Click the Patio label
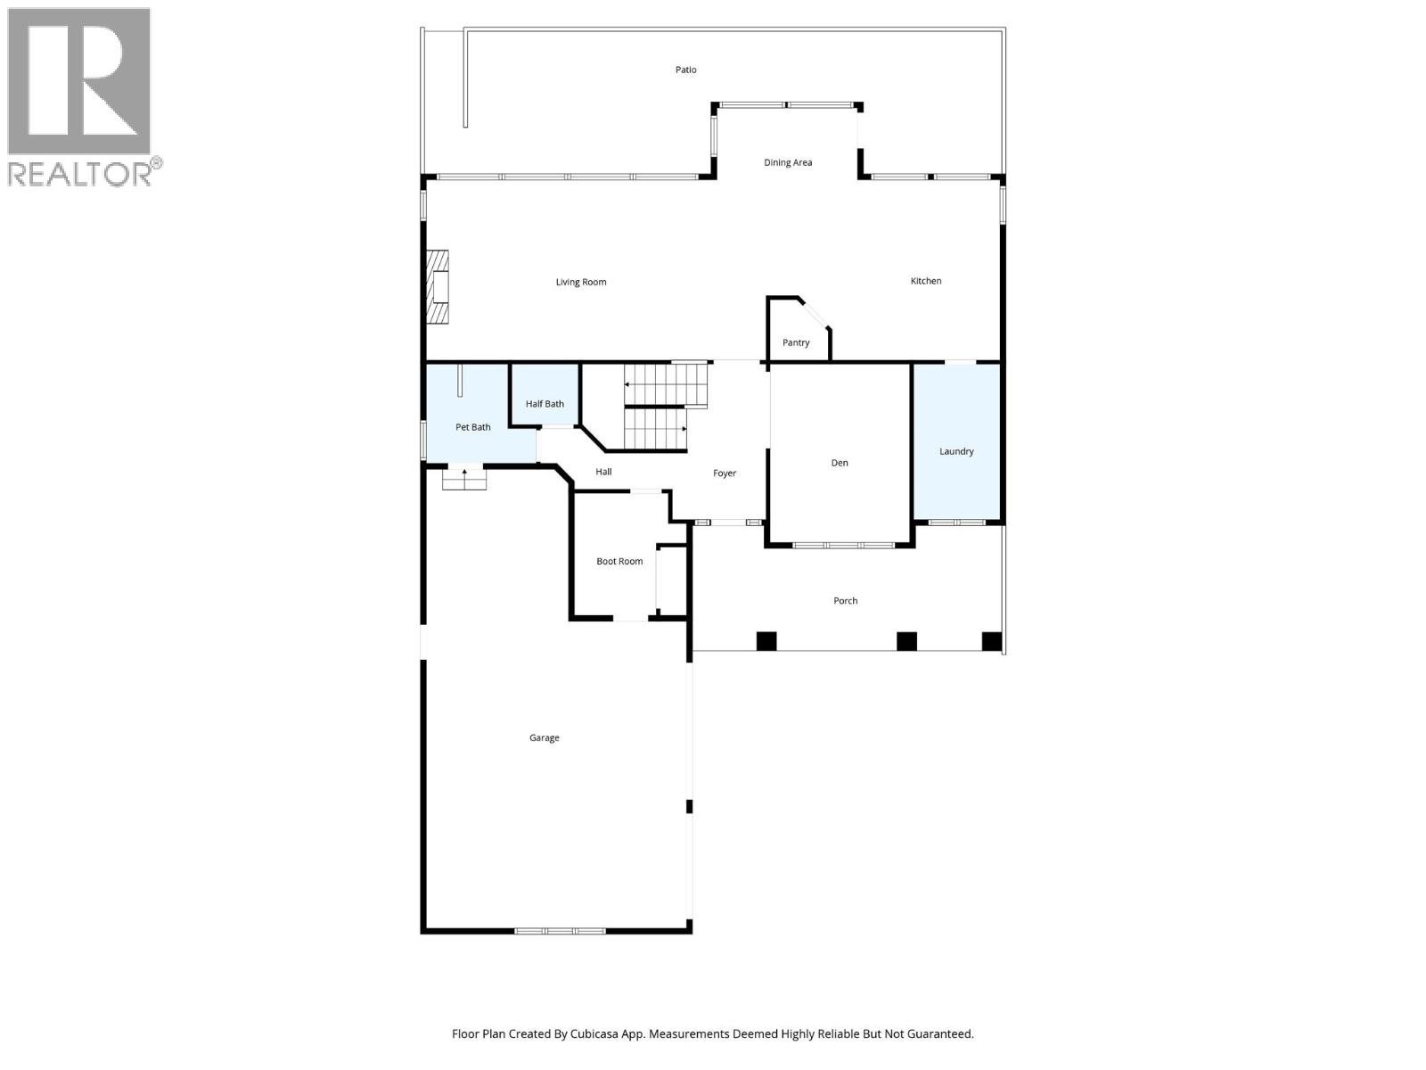tap(685, 70)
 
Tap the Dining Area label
tap(787, 162)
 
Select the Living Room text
tap(581, 282)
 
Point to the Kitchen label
tap(925, 281)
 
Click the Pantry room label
tap(795, 342)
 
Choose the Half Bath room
tap(545, 396)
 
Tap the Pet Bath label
tap(472, 427)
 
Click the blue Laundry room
tap(956, 441)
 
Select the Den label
tap(840, 463)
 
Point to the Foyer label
tap(725, 473)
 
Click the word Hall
tap(603, 472)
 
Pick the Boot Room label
tap(619, 562)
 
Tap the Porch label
tap(845, 601)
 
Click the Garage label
tap(544, 737)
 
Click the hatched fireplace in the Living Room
tap(438, 287)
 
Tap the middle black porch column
tap(906, 641)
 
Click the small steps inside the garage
tap(463, 479)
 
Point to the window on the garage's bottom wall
tap(560, 931)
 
